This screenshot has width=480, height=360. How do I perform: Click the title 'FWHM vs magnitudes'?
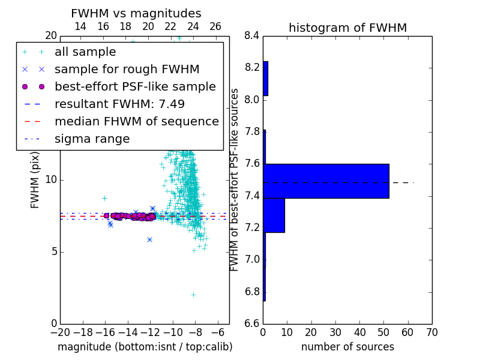click(x=136, y=13)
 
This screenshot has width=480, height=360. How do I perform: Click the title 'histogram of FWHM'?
click(x=348, y=28)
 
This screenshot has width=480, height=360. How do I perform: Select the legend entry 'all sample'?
click(x=85, y=52)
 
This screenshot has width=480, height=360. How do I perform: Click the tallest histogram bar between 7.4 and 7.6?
click(x=326, y=181)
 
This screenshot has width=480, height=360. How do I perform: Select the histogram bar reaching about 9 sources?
click(x=274, y=215)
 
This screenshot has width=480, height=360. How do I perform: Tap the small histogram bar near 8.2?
click(x=265, y=79)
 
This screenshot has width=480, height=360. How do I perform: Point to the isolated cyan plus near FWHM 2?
click(x=193, y=295)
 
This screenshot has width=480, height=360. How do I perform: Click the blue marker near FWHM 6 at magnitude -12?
click(x=149, y=239)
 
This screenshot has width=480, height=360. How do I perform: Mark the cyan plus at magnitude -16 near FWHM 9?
click(x=104, y=199)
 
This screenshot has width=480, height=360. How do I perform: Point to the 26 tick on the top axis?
click(x=215, y=26)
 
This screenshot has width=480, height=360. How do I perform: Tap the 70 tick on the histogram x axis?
click(x=432, y=332)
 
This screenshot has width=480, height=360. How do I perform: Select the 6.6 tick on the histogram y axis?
click(x=251, y=323)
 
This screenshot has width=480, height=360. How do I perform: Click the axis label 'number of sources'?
click(x=348, y=347)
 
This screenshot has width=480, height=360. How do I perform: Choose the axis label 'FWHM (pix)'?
click(x=35, y=180)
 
